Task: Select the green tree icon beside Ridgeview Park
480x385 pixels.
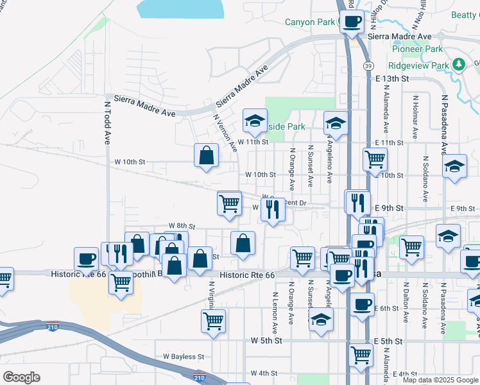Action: (458, 64)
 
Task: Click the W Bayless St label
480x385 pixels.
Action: (183, 356)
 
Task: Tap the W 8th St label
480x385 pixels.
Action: (181, 226)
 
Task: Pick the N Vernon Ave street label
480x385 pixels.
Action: (225, 133)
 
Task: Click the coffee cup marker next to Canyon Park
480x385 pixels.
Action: (351, 22)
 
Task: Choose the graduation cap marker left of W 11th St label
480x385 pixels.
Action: (255, 121)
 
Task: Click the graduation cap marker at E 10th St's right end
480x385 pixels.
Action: (454, 167)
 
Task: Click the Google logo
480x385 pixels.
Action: (21, 377)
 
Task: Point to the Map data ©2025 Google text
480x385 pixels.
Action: (440, 380)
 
